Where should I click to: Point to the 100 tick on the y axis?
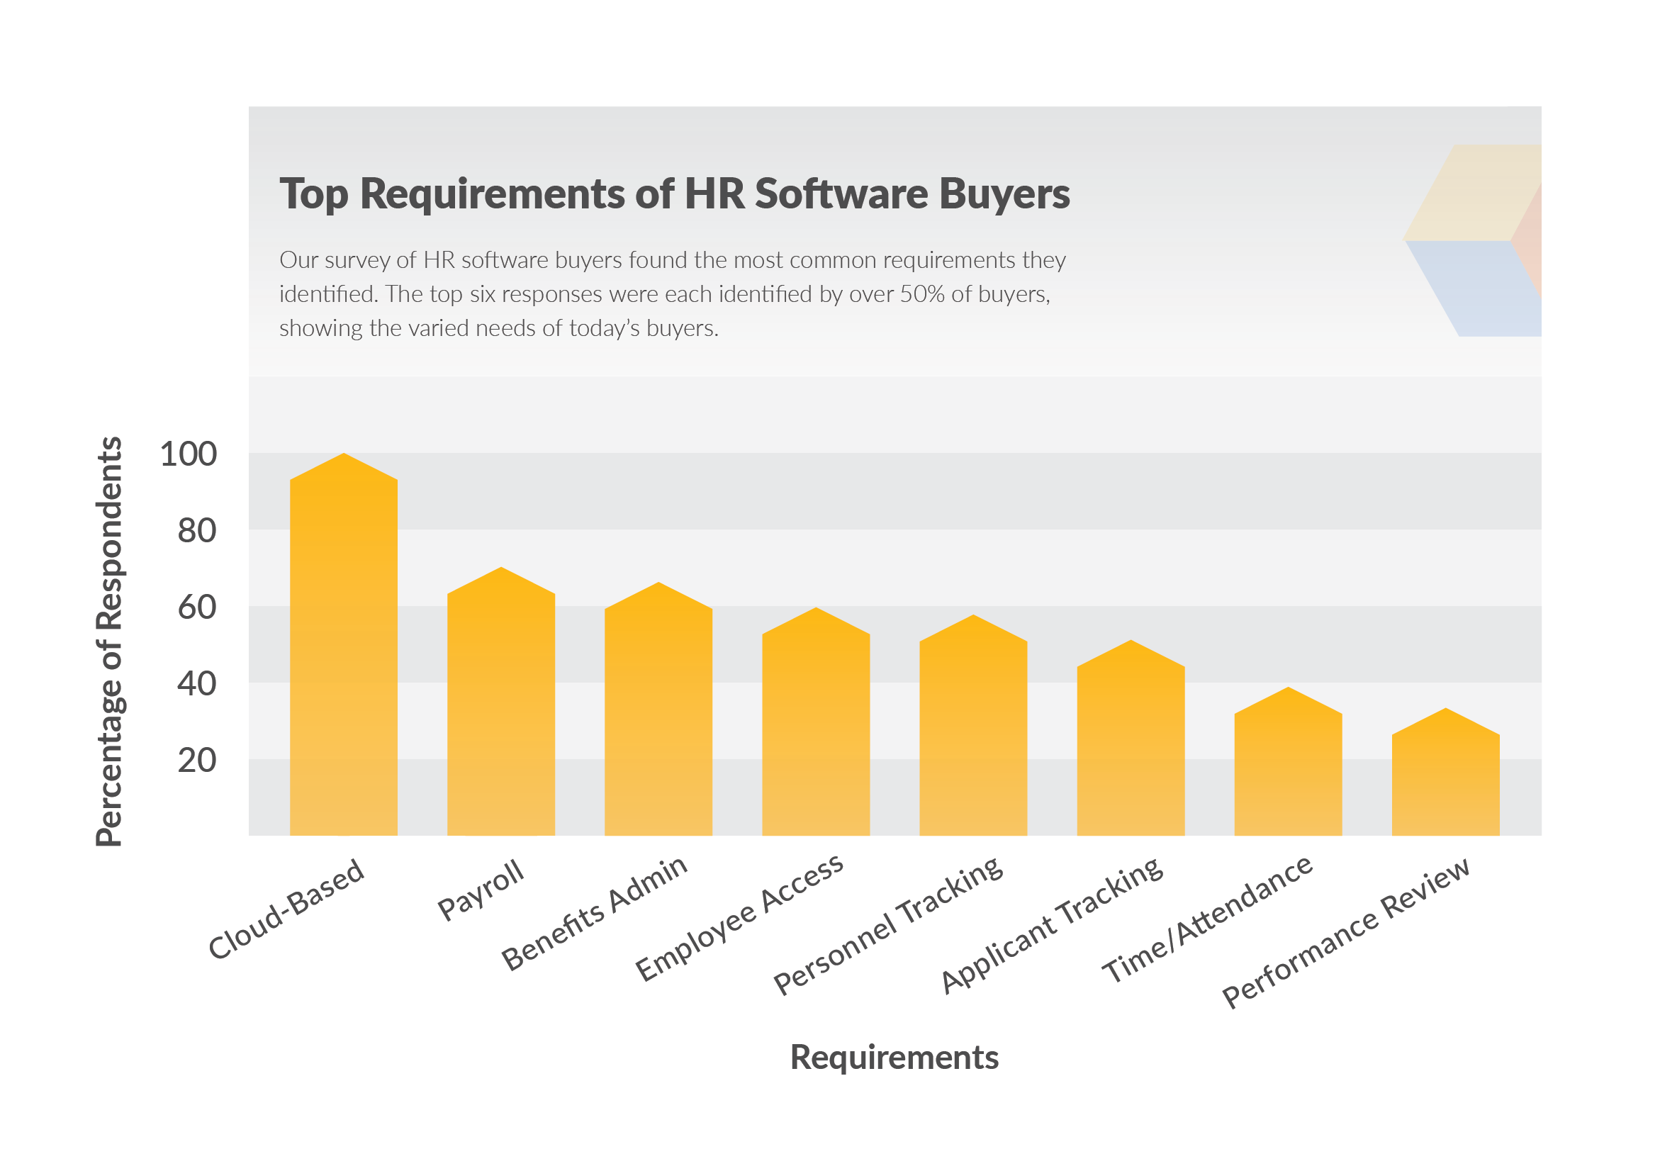(x=188, y=454)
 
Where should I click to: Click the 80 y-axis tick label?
(x=196, y=532)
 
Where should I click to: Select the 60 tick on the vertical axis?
(x=196, y=608)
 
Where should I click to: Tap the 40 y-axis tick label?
(x=196, y=684)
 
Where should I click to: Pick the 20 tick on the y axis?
(x=196, y=761)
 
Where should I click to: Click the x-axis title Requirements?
(x=895, y=1058)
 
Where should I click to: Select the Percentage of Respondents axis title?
(x=109, y=641)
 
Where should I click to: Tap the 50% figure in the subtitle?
(x=922, y=294)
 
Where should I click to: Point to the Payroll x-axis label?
(x=481, y=890)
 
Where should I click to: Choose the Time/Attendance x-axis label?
(x=1206, y=919)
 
